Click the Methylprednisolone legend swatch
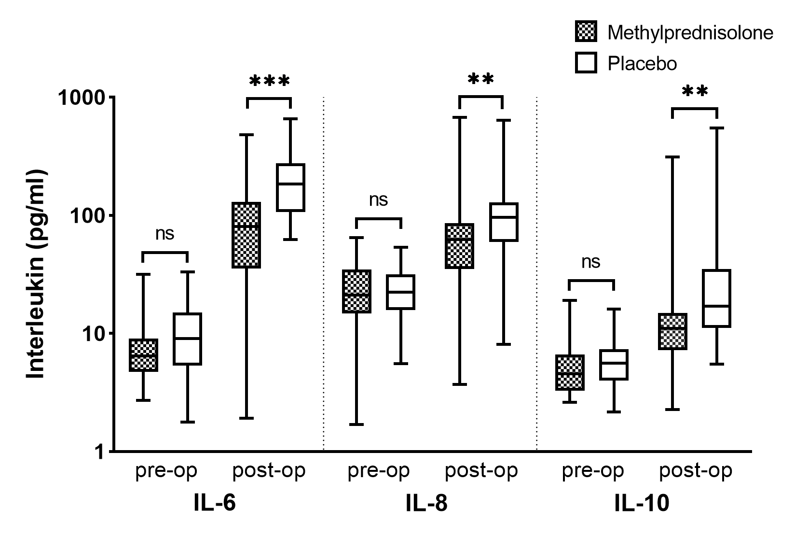point(586,32)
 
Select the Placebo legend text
point(642,63)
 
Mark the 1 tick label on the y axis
point(102,452)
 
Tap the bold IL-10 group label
point(642,504)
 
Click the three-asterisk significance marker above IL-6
point(270,82)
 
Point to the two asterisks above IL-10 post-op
point(695,92)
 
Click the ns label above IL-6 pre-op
point(165,234)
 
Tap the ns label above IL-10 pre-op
point(591,262)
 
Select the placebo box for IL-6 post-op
point(290,187)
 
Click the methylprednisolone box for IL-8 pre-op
point(357,291)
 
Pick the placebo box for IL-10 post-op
point(716,298)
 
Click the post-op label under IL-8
point(481,470)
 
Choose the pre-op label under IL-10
point(592,470)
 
